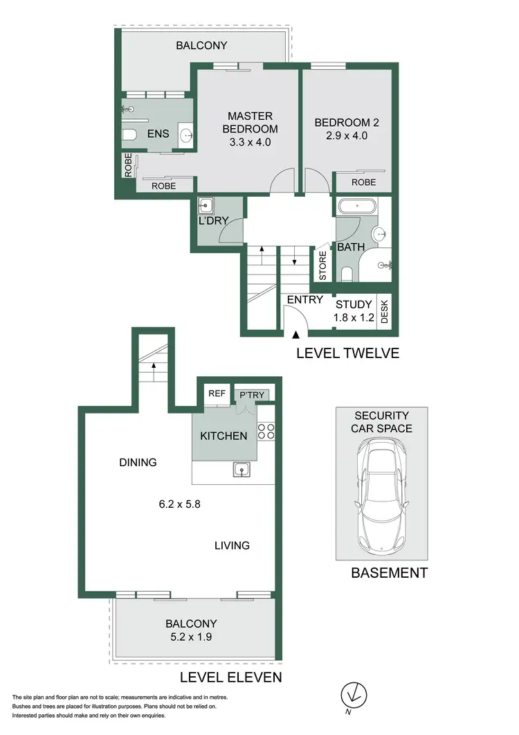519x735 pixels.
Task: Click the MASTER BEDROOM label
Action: click(250, 129)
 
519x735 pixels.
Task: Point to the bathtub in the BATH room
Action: click(357, 206)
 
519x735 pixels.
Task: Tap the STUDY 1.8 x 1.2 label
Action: click(354, 311)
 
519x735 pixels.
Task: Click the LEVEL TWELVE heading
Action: click(347, 353)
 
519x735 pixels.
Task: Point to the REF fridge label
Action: click(217, 393)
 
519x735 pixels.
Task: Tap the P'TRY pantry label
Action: click(252, 395)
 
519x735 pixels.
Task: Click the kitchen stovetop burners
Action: click(266, 432)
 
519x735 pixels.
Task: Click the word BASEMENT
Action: click(389, 573)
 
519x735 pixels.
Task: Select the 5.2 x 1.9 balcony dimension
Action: click(192, 637)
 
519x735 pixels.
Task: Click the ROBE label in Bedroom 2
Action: click(363, 182)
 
